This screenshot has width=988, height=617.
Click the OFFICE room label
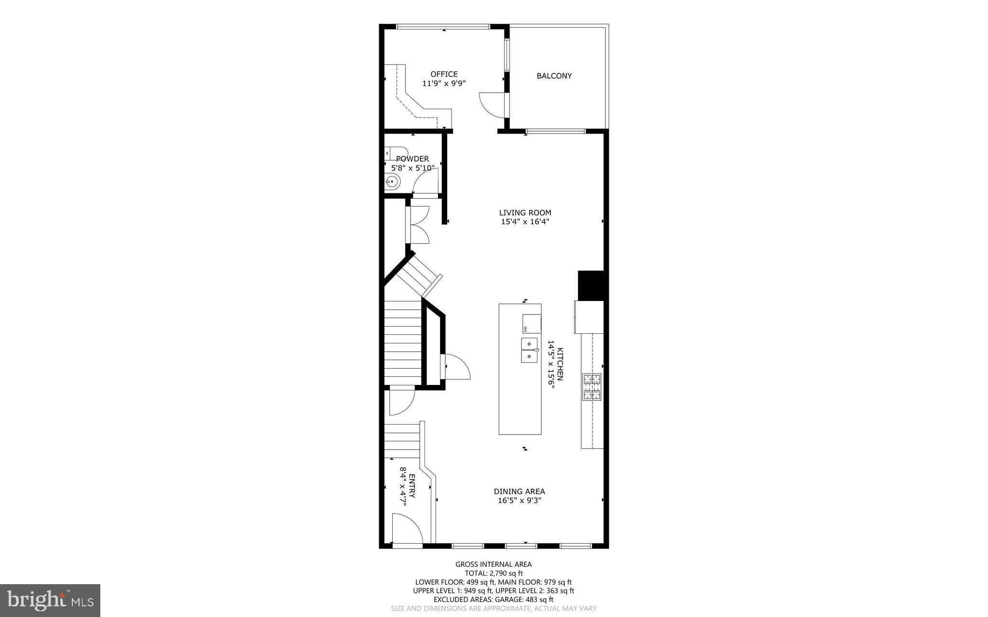(444, 74)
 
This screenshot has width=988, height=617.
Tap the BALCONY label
(554, 76)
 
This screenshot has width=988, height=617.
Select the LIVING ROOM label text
(525, 213)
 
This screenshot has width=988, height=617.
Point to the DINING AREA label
(519, 492)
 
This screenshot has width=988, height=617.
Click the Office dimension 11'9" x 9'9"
(444, 83)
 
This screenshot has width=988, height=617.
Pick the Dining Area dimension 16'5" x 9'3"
(519, 501)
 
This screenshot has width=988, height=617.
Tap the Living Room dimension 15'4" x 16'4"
(525, 222)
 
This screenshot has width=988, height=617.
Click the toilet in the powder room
(396, 152)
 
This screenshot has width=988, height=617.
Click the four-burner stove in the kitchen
(592, 387)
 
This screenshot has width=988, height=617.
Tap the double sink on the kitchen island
(529, 350)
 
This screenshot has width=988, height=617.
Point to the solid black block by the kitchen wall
(591, 286)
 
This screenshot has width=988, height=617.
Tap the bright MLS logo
(50, 600)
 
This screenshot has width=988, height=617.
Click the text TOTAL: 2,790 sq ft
(494, 573)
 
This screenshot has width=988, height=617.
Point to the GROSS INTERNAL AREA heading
(494, 564)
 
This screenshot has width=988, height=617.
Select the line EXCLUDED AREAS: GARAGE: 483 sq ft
(494, 600)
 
